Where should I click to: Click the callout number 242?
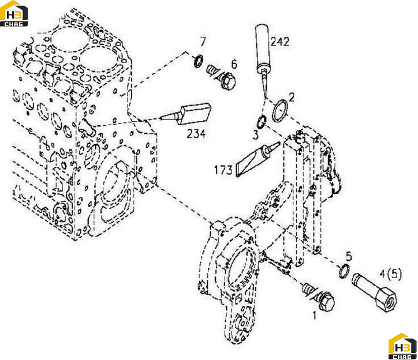pyautogui.click(x=279, y=42)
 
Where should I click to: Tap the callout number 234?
pyautogui.click(x=196, y=134)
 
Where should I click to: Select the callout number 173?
pyautogui.click(x=223, y=170)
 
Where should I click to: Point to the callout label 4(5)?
pyautogui.click(x=390, y=273)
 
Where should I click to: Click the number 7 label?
pyautogui.click(x=203, y=42)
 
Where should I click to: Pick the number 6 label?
pyautogui.click(x=234, y=64)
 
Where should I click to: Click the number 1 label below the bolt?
pyautogui.click(x=315, y=316)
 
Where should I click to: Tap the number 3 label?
pyautogui.click(x=255, y=135)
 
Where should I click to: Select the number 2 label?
pyautogui.click(x=292, y=97)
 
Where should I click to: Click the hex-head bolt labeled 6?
pyautogui.click(x=222, y=76)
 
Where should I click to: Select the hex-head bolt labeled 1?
pyautogui.click(x=319, y=297)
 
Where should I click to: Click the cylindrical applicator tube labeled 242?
pyautogui.click(x=263, y=48)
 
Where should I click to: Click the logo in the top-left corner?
pyautogui.click(x=14, y=14)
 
